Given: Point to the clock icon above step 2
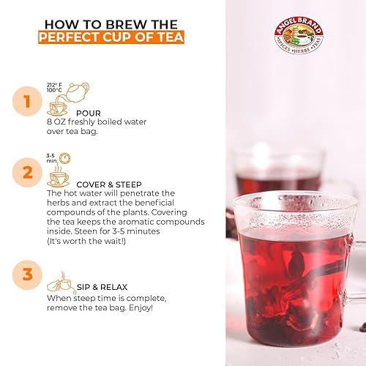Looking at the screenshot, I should (65, 157).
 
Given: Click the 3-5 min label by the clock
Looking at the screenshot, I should (52, 158).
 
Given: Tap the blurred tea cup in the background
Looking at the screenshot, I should (278, 172).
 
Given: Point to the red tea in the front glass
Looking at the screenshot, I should (293, 278).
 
